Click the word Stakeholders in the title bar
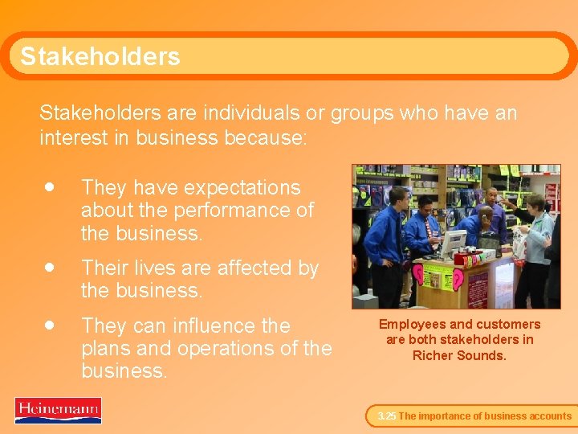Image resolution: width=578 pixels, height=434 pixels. tap(100, 56)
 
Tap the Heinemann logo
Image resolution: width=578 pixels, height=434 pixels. tap(58, 410)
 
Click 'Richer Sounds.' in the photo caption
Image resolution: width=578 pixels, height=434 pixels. tap(459, 354)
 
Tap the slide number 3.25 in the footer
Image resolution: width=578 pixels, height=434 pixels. tap(386, 416)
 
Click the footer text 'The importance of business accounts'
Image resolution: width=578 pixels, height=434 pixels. tap(485, 416)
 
